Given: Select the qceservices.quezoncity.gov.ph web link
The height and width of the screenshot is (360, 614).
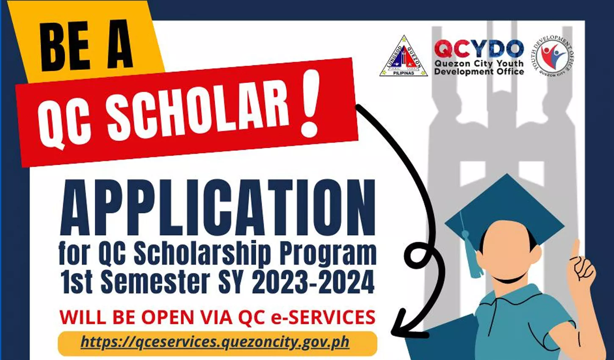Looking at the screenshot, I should tap(215, 342).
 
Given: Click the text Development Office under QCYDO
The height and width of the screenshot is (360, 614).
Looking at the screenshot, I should tap(479, 72).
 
